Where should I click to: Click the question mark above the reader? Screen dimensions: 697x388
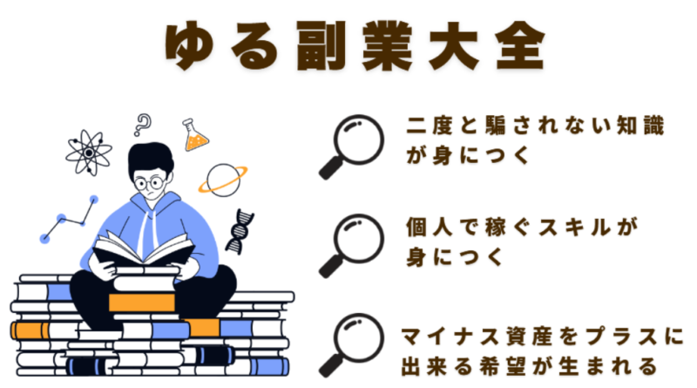143,125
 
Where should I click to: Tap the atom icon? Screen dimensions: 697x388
89,153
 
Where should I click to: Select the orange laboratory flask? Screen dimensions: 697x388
194,135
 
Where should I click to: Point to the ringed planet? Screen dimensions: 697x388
223,180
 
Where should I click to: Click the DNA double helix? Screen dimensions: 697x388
240,231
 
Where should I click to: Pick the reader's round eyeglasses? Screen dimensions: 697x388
149,182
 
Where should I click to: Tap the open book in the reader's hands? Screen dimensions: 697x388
143,249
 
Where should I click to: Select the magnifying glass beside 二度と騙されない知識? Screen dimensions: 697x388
352,146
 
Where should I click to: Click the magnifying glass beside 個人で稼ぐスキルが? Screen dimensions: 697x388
352,246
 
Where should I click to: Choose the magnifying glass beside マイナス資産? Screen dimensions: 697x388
352,345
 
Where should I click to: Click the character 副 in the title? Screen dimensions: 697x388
321,46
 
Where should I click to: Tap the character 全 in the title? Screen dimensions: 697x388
520,46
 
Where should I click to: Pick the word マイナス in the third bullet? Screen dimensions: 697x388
450,337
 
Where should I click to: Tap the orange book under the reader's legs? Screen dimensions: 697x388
142,303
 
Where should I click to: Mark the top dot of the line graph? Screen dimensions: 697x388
94,200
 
